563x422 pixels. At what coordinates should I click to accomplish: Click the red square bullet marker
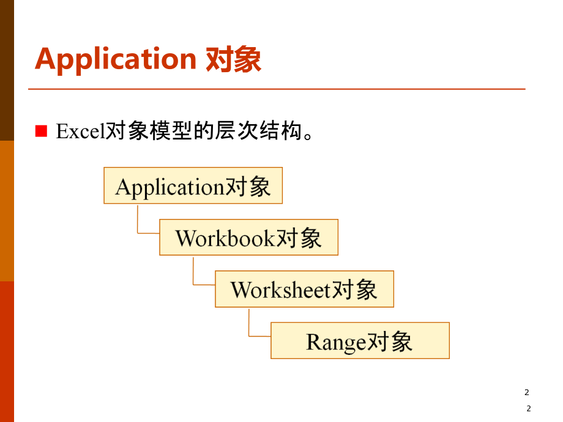[x=41, y=131]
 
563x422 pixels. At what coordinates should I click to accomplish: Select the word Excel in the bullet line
[x=81, y=131]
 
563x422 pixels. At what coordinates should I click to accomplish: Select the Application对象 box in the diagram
[x=193, y=186]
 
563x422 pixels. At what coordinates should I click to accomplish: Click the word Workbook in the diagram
[x=225, y=238]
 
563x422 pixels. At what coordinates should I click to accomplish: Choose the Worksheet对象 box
[x=304, y=289]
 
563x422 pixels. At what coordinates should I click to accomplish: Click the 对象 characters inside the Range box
[x=390, y=341]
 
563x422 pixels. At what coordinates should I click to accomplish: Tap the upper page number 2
[x=527, y=393]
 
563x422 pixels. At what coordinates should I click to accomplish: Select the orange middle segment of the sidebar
[x=7, y=211]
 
